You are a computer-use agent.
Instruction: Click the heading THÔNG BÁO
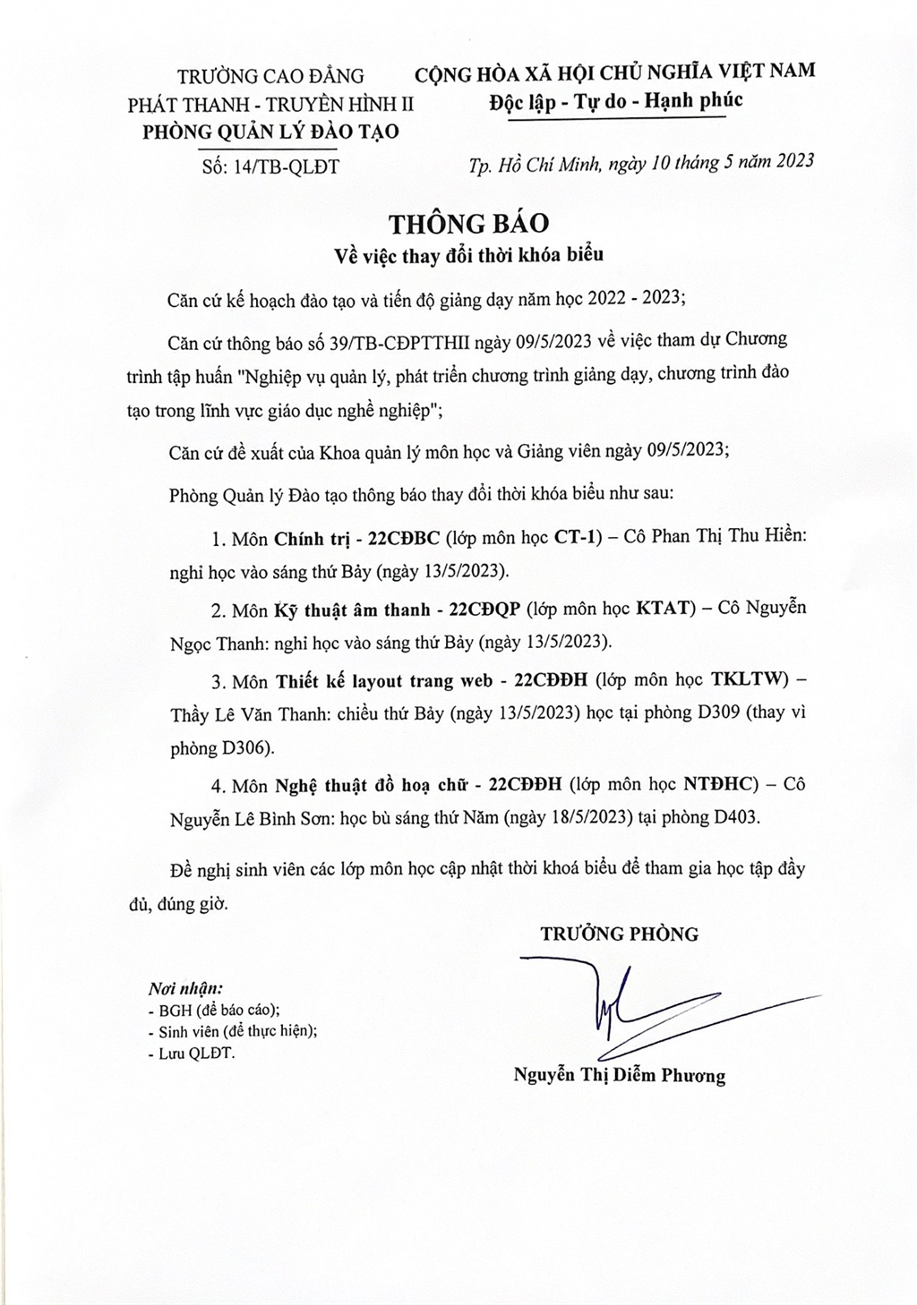pyautogui.click(x=467, y=222)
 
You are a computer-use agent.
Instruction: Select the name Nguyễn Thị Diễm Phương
pyautogui.click(x=619, y=1076)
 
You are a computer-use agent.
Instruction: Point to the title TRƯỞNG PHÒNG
pyautogui.click(x=619, y=934)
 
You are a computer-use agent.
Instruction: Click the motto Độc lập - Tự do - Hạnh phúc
pyautogui.click(x=615, y=100)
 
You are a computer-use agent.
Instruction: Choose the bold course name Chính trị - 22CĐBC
pyautogui.click(x=357, y=539)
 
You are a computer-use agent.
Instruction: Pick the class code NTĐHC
pyautogui.click(x=721, y=784)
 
